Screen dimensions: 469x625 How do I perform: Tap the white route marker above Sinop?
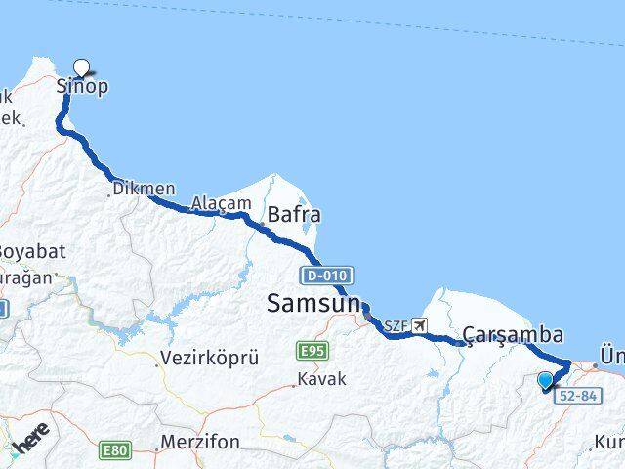point(82,67)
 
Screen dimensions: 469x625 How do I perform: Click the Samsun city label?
point(312,305)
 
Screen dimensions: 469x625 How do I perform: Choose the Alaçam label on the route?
point(214,203)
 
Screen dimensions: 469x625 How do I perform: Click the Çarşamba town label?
point(513,335)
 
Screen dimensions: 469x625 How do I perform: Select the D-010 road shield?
point(325,275)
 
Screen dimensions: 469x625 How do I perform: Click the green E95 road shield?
point(312,351)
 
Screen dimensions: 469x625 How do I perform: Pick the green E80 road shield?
point(114,450)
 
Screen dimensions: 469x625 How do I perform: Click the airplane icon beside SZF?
point(420,325)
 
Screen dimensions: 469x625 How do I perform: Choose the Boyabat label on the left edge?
point(32,251)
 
